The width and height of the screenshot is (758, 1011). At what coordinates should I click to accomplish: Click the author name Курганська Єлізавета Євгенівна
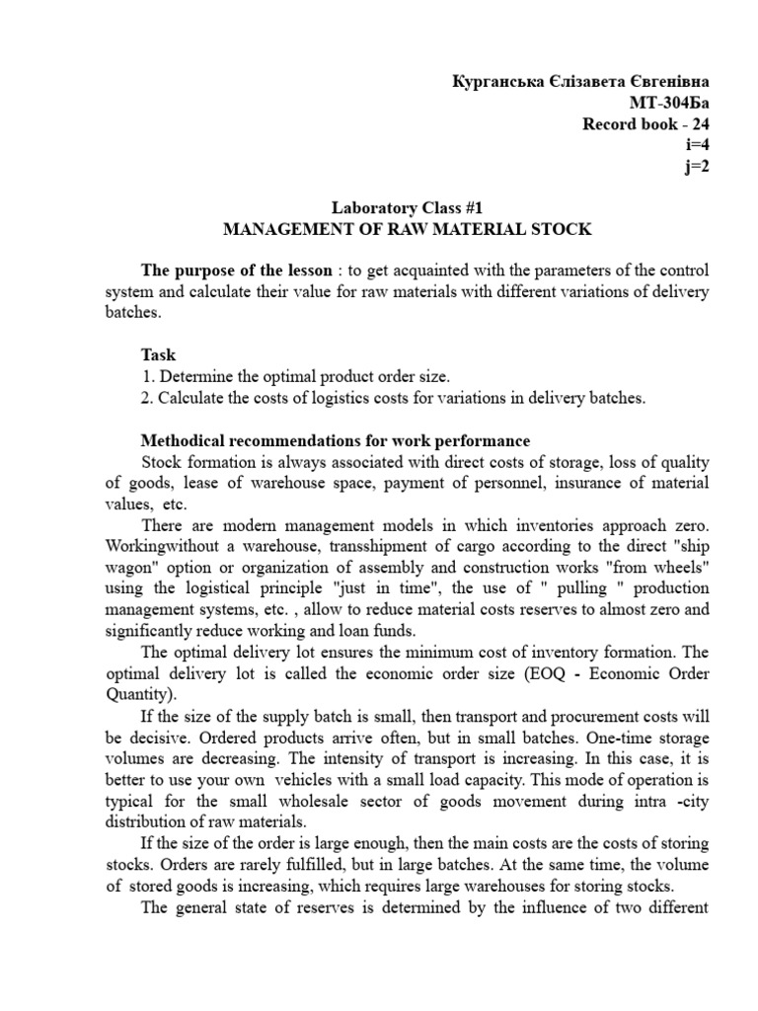tap(578, 80)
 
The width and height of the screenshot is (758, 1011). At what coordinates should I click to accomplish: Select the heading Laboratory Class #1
tap(407, 208)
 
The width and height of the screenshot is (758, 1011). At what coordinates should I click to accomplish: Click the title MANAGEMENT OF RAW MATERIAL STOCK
tap(408, 229)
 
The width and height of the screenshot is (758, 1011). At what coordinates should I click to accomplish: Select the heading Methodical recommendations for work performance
tap(336, 440)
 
